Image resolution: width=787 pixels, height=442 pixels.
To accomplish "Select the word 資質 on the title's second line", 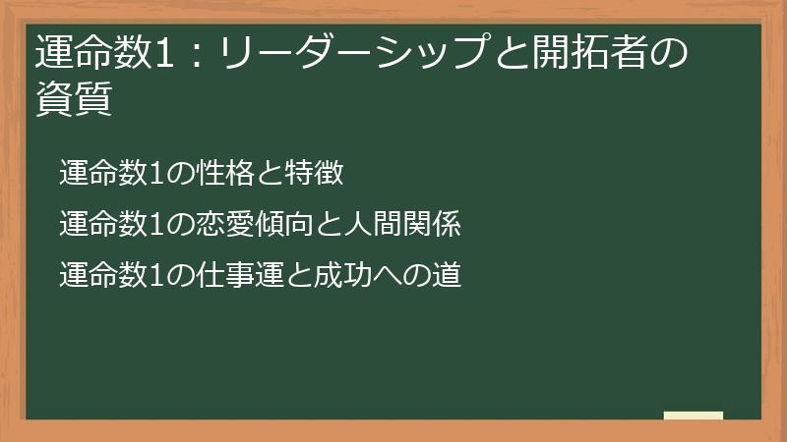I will (x=73, y=99).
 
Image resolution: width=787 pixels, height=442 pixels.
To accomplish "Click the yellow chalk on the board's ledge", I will (x=693, y=415).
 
